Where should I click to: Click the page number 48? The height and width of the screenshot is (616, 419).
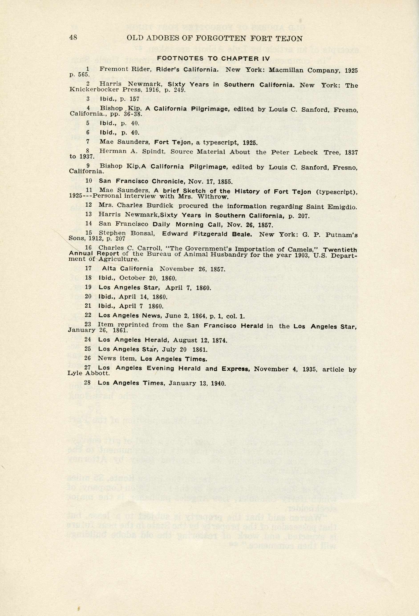73,37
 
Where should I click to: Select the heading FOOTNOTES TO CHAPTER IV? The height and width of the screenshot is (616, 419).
213,59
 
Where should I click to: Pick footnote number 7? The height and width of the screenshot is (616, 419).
88,142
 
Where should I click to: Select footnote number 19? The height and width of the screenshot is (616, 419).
88,287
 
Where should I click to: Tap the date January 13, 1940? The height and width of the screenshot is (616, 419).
197,383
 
